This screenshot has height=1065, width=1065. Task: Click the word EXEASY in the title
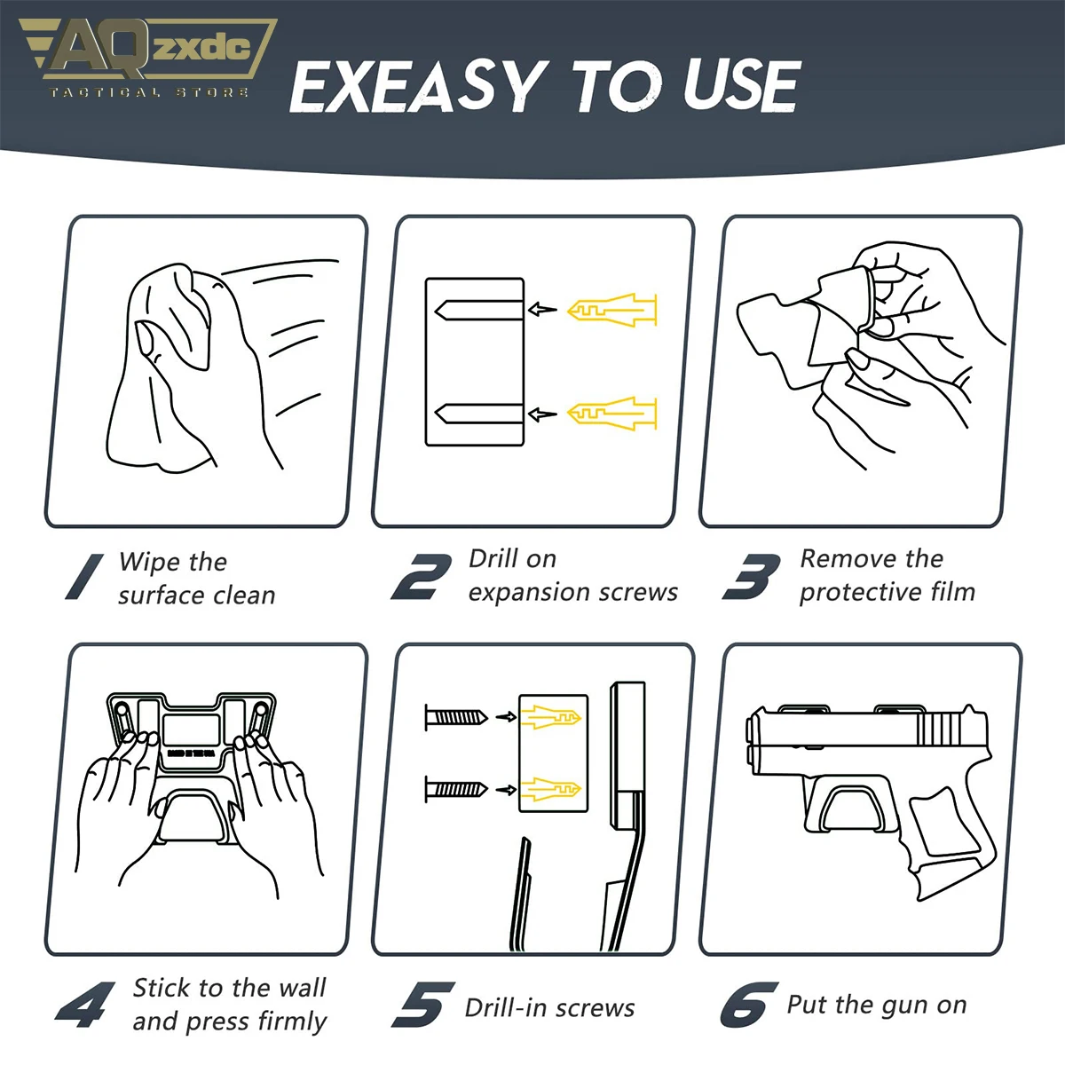[x=418, y=86]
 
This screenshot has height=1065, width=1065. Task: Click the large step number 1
[x=84, y=577]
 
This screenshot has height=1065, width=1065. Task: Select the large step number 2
[x=422, y=577]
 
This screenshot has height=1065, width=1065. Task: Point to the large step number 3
[x=751, y=577]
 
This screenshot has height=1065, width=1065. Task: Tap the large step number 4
[x=85, y=1004]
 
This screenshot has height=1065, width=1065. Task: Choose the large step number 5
[x=422, y=1004]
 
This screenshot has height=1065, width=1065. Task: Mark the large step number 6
[x=749, y=1004]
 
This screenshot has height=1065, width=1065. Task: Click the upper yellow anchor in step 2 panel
[x=611, y=310]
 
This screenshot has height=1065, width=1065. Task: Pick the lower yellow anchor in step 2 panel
[x=611, y=413]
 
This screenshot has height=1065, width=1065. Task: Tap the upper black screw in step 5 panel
[x=456, y=717]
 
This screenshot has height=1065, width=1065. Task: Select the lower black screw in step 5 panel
[x=456, y=789]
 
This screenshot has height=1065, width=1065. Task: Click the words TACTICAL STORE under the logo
[x=149, y=92]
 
